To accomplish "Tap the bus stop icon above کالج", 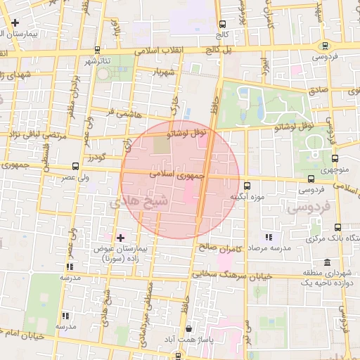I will click(223, 24).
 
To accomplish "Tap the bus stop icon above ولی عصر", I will click(75, 167).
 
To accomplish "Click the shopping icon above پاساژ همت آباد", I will click(188, 328).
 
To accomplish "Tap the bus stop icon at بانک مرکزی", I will click(338, 227).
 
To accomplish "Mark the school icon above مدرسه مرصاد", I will click(268, 236).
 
